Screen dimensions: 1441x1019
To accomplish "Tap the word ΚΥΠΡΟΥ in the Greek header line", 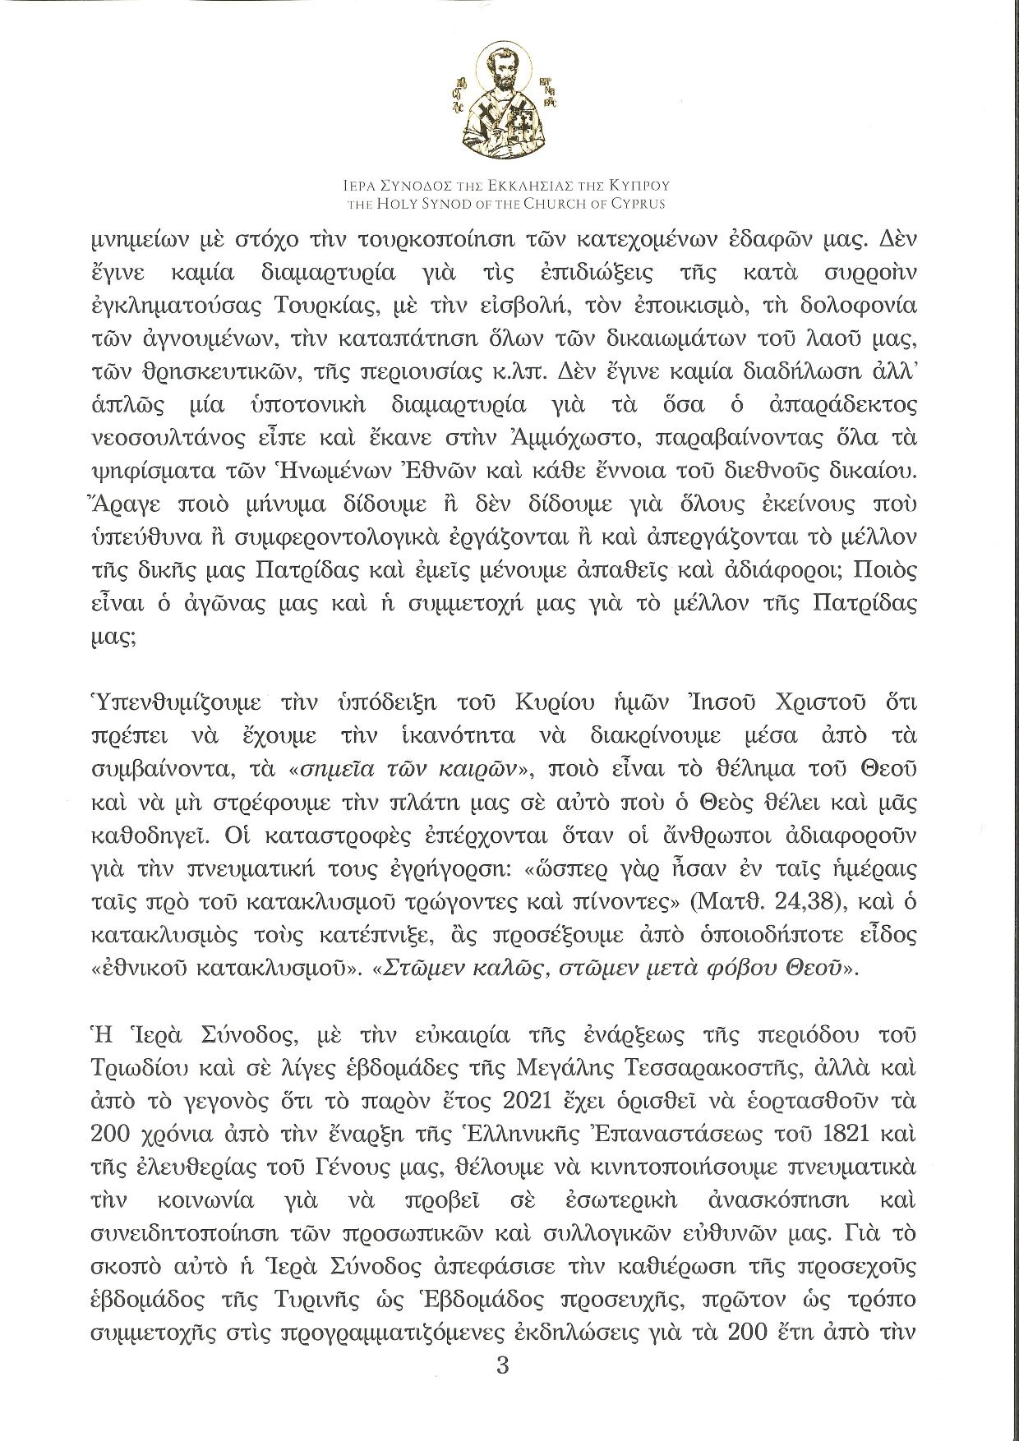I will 640,187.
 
